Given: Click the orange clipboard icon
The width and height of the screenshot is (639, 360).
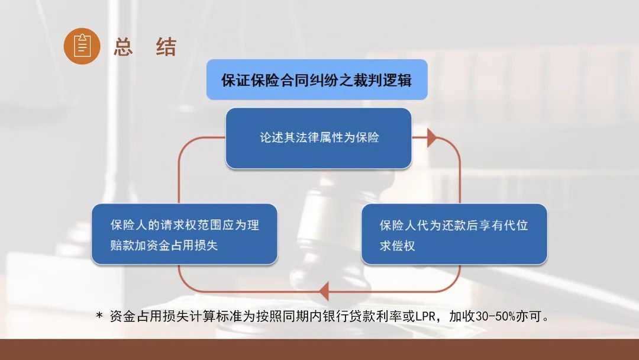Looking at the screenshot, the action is coord(82,46).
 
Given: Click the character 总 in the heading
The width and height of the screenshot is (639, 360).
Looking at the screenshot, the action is coord(124,46).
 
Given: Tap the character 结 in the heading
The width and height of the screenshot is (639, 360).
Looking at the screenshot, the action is coord(166,46).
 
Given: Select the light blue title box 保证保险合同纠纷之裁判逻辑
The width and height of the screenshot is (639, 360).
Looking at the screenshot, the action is coord(317,79).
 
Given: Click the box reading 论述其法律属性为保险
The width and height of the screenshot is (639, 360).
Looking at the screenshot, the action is coord(318,138).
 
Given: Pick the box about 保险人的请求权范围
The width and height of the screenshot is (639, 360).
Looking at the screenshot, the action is coord(184,234).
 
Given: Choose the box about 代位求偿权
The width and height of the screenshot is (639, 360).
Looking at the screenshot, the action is coord(454,234).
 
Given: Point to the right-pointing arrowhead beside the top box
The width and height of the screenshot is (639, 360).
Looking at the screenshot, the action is coord(432,138).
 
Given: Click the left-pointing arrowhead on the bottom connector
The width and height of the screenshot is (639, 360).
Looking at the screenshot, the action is coord(324,291).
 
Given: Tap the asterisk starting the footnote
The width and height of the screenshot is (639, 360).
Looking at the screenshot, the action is coord(99,316).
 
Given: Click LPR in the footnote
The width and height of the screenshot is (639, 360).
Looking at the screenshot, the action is coord(425,316).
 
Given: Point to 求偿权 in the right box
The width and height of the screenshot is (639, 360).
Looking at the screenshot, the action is coord(398,246).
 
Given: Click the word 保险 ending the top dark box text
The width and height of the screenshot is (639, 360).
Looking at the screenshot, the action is coord(367,137).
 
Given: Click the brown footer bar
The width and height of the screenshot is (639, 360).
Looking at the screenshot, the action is coord(319,349).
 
